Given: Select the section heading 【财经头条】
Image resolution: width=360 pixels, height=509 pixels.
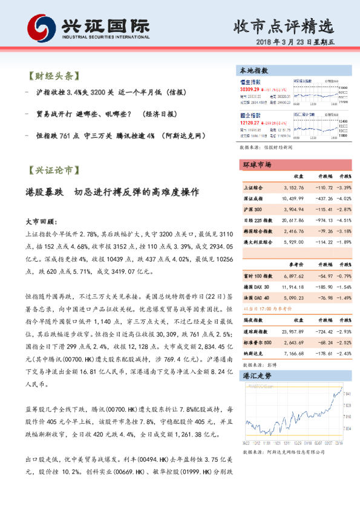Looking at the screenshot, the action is coord(53,77).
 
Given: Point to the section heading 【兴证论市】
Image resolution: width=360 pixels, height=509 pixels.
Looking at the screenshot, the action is coord(53,171).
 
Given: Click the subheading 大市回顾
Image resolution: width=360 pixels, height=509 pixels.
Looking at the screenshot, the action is coord(41,222).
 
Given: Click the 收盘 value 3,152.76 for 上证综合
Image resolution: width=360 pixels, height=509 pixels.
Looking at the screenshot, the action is coord(293,187).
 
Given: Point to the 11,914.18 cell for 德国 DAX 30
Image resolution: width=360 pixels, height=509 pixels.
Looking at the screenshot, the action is coord(293,285).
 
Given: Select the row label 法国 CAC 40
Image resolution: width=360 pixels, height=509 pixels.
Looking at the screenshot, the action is coord(257,297).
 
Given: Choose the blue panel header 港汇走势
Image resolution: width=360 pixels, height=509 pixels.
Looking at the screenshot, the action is coord(255,375).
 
